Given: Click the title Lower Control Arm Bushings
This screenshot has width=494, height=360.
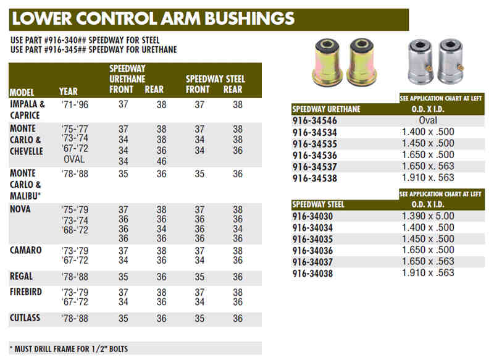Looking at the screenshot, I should pyautogui.click(x=154, y=19).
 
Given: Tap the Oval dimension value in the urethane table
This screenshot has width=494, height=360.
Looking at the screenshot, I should pyautogui.click(x=428, y=120).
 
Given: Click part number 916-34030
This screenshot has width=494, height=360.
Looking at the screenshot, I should pyautogui.click(x=314, y=217).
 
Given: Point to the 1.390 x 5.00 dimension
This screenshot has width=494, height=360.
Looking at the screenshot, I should pyautogui.click(x=428, y=217).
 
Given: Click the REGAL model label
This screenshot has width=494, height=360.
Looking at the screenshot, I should pyautogui.click(x=22, y=276).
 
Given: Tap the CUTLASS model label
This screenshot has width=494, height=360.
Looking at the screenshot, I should pyautogui.click(x=26, y=318).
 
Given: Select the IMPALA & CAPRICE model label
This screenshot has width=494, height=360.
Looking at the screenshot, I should pyautogui.click(x=27, y=110).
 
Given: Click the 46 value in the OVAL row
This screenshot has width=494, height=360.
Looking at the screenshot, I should pyautogui.click(x=161, y=161).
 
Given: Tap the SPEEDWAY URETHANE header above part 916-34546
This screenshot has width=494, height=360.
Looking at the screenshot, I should pyautogui.click(x=325, y=109).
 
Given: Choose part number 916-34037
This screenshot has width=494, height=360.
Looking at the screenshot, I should pyautogui.click(x=314, y=262).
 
